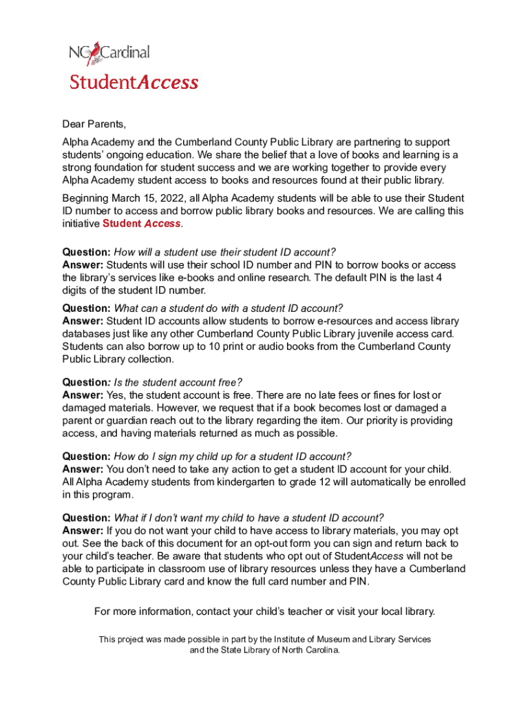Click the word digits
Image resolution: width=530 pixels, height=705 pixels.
click(x=75, y=290)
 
